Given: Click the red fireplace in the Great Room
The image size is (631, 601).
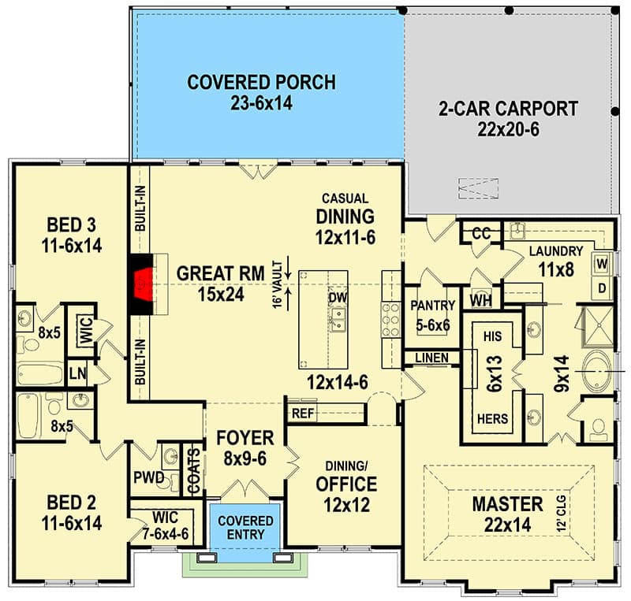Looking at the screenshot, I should (142, 284).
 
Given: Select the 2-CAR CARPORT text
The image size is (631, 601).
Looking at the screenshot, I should (508, 118).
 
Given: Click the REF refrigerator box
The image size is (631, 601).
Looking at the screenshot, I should (303, 413).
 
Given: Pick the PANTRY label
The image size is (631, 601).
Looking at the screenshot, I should (430, 306).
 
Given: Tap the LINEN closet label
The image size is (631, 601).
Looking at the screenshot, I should (431, 358).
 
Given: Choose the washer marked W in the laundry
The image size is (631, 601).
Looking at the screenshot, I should (601, 262).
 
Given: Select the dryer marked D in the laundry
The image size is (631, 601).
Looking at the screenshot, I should (601, 288).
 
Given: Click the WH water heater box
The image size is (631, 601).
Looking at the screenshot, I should (480, 300).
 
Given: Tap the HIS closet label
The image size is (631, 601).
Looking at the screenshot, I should (493, 336).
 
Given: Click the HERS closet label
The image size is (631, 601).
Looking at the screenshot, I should (493, 419).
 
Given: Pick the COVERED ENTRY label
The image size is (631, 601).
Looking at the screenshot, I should (245, 528).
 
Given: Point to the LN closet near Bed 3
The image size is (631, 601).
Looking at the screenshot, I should (77, 373).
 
